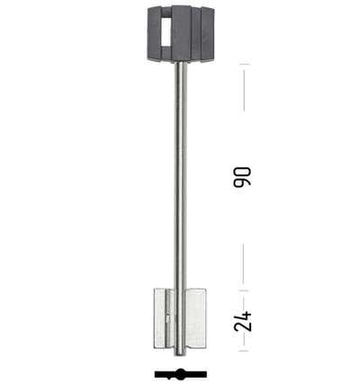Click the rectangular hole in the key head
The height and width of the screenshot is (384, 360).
(x=166, y=31)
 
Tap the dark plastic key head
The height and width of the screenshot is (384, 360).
(x=181, y=34)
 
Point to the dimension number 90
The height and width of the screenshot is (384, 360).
(x=242, y=177)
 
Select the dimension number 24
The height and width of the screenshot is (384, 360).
(x=243, y=321)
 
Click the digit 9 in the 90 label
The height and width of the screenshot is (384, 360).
(x=242, y=183)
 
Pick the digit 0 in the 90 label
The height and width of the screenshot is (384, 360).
(x=242, y=172)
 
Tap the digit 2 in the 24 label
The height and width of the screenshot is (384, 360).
(x=243, y=326)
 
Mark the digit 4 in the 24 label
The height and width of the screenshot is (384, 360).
(x=243, y=317)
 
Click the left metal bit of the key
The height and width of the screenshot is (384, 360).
(x=164, y=318)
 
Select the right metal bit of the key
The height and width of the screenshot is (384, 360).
(x=196, y=318)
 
